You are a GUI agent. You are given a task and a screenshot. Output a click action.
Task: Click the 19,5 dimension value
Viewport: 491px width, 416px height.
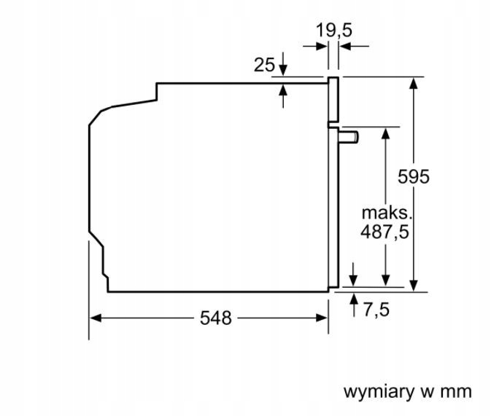coord(334,31)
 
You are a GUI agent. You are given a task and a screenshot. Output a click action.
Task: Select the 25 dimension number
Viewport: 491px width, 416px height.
coord(264,65)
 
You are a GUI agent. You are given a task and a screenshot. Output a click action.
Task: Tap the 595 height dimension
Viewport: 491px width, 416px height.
coord(414,177)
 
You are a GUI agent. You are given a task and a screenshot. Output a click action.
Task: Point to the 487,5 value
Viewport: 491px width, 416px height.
coord(384,232)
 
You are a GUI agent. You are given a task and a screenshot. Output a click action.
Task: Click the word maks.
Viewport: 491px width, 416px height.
coord(387,213)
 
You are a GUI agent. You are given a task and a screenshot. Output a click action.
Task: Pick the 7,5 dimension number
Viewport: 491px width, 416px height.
coord(376,310)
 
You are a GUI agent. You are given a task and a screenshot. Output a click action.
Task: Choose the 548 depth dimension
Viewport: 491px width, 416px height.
coord(216,318)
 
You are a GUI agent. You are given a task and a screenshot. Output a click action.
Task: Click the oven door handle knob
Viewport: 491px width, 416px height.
coord(348,137)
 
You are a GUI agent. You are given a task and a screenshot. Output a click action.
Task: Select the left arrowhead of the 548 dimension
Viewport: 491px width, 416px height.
coord(96,318)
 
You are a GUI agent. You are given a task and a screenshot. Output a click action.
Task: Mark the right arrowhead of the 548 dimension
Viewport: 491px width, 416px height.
coord(322,318)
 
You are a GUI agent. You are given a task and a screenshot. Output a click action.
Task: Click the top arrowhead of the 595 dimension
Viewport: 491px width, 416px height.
coord(414,83)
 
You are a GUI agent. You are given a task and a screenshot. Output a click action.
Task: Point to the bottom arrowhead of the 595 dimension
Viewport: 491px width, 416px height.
coord(414,286)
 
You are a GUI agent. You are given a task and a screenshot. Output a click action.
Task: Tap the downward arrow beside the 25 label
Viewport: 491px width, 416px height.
coord(283,64)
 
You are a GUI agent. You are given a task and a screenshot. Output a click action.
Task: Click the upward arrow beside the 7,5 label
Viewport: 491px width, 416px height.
coord(354,305)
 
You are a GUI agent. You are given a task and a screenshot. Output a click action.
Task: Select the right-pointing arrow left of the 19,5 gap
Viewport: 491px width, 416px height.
coord(315,47)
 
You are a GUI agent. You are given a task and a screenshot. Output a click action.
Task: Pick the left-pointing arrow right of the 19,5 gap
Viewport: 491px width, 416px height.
coord(354,47)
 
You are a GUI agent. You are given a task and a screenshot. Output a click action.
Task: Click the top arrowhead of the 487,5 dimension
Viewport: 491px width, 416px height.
coord(386,133)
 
